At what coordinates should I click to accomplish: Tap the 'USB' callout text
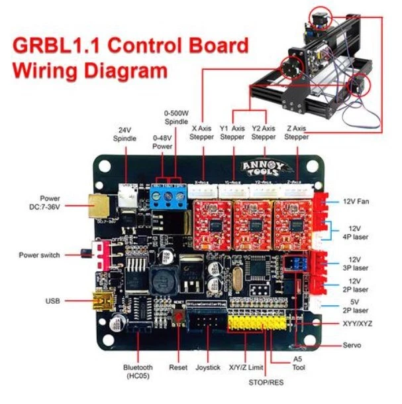(x=52, y=301)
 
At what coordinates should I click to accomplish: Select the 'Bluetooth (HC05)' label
(x=137, y=371)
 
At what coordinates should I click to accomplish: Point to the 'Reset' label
(x=178, y=367)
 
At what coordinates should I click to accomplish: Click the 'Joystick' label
(x=209, y=367)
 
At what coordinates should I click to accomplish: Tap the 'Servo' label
(x=352, y=346)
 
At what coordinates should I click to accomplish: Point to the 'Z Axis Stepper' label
(x=297, y=132)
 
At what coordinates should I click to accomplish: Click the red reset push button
(x=177, y=320)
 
